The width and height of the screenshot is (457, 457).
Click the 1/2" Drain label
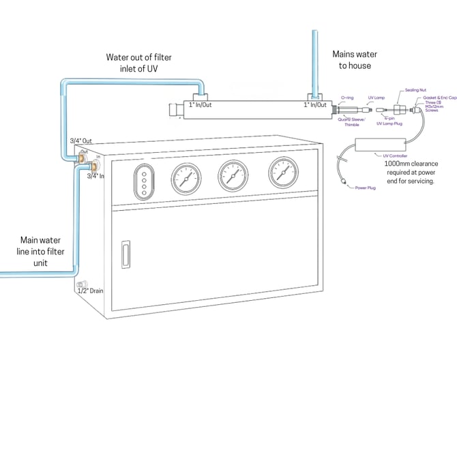click(91, 291)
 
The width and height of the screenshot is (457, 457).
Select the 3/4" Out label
click(81, 141)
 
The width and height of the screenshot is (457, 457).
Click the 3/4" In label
click(96, 176)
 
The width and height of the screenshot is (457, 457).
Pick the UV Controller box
click(381, 145)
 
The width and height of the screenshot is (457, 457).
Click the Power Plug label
click(366, 188)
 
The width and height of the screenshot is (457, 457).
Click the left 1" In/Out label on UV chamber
click(201, 104)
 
